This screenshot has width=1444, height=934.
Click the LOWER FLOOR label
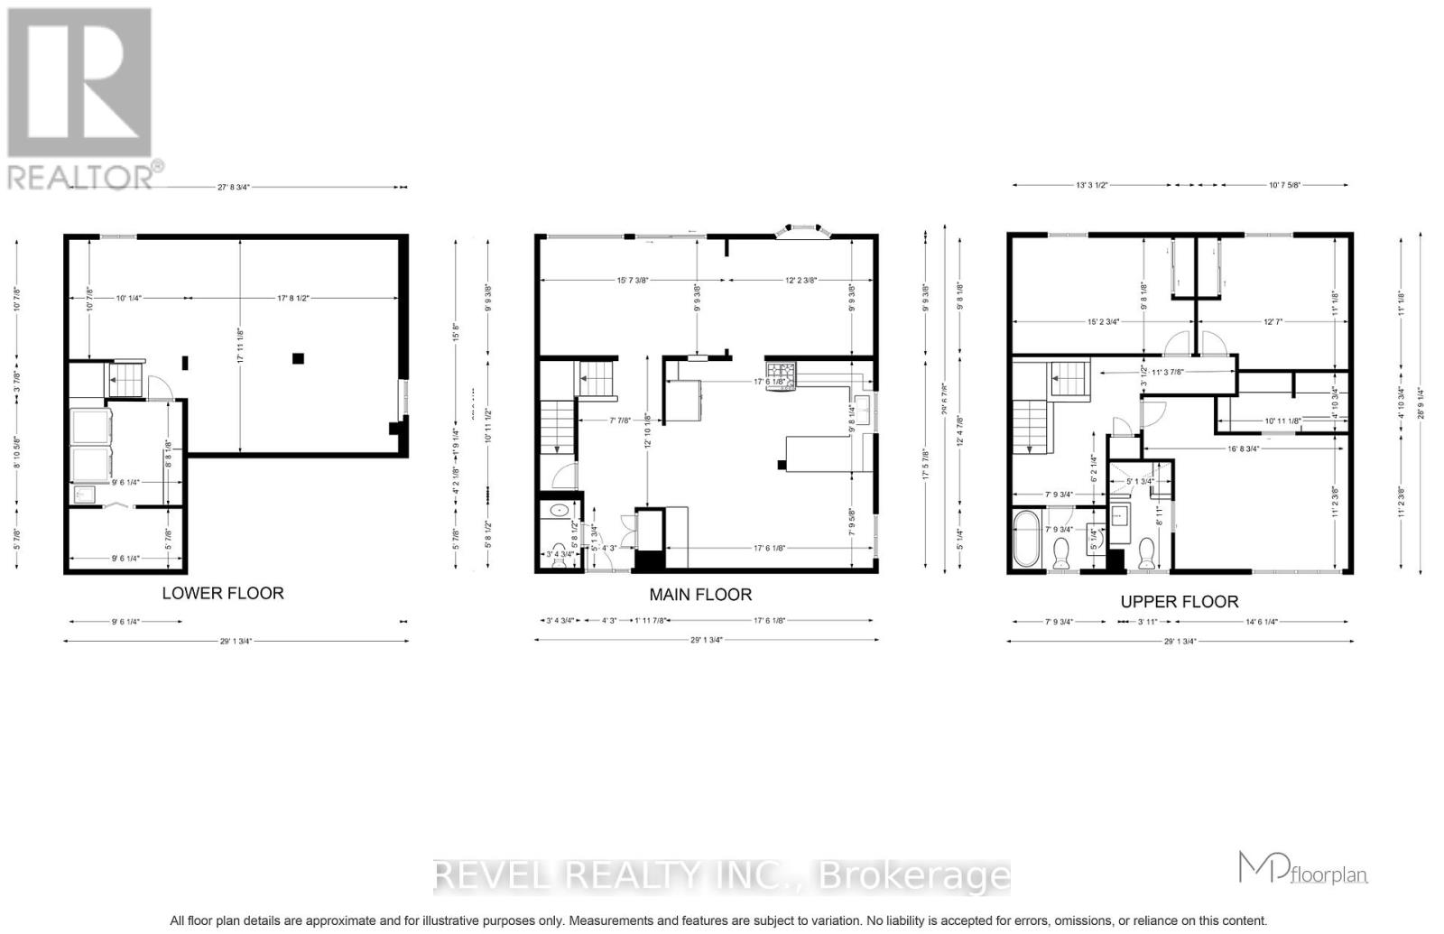point(222,593)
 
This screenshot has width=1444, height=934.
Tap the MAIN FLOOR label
point(700,594)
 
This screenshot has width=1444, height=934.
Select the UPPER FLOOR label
point(1179,601)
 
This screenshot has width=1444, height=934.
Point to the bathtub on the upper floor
point(1027,539)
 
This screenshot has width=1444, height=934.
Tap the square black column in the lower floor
point(298,358)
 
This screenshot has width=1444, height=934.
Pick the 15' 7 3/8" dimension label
point(623,280)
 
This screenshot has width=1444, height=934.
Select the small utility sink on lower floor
point(85,495)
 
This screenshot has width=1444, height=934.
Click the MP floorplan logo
point(1302,869)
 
